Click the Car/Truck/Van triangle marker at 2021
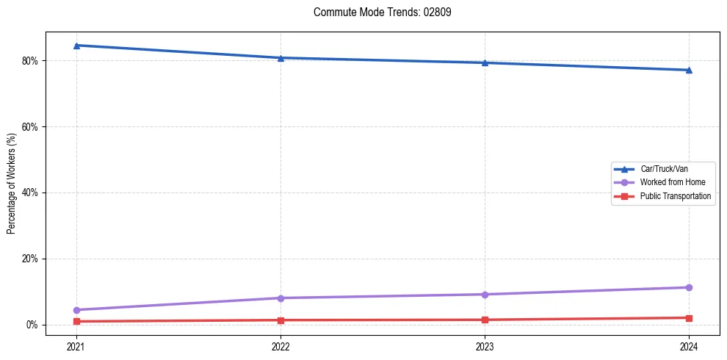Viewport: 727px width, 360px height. pyautogui.click(x=76, y=46)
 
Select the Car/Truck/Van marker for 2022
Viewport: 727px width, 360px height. pyautogui.click(x=281, y=58)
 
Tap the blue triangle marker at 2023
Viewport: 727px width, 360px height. pyautogui.click(x=485, y=62)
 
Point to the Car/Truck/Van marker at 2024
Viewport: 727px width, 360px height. pyautogui.click(x=689, y=70)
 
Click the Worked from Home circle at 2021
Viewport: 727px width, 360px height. pyautogui.click(x=76, y=310)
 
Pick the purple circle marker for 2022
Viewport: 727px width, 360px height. pyautogui.click(x=281, y=298)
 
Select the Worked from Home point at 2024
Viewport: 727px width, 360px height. pyautogui.click(x=689, y=287)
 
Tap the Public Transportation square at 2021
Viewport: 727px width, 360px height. pyautogui.click(x=76, y=322)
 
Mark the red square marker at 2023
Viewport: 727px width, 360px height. pyautogui.click(x=485, y=320)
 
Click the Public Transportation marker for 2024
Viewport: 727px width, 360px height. pyautogui.click(x=689, y=318)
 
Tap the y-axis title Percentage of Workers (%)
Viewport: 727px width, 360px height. pyautogui.click(x=11, y=184)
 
